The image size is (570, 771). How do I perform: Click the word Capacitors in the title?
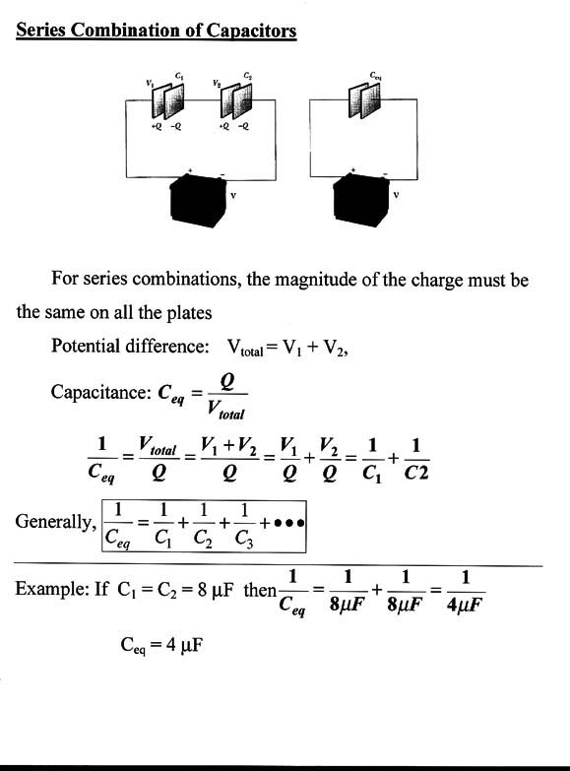[251, 31]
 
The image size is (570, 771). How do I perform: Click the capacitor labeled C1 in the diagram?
[167, 100]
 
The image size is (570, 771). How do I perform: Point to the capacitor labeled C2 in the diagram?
[236, 100]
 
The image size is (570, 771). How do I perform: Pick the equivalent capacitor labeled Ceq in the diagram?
[364, 99]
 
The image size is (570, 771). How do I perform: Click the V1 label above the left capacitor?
[150, 83]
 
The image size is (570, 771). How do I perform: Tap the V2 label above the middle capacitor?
[217, 83]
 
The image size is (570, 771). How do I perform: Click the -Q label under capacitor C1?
[175, 126]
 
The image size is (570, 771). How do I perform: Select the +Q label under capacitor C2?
[223, 126]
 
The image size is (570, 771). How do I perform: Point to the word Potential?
[86, 346]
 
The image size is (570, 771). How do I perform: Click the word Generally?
[55, 521]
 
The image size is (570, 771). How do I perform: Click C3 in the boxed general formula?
[244, 539]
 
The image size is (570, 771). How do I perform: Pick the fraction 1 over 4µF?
[465, 592]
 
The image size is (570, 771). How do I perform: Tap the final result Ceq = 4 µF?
[161, 645]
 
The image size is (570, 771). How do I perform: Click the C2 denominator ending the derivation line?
[416, 473]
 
